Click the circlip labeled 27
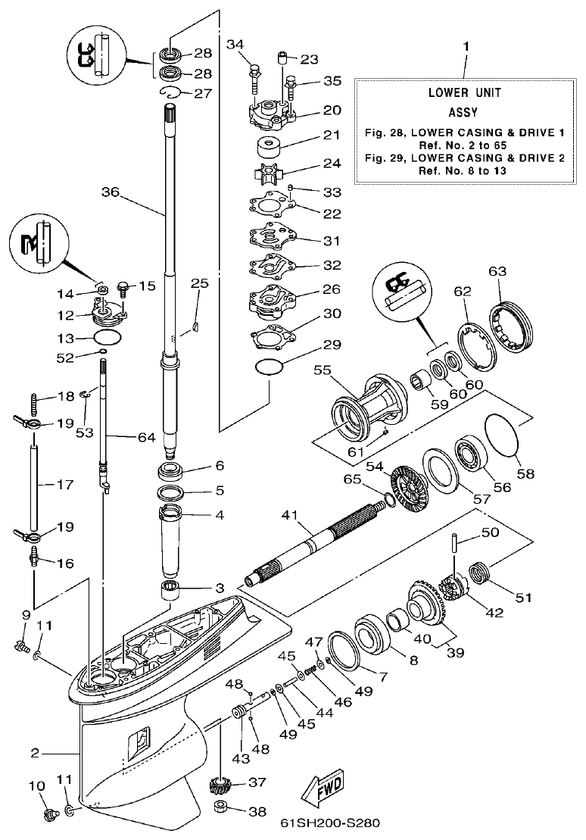(x=172, y=92)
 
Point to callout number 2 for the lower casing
(x=34, y=753)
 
